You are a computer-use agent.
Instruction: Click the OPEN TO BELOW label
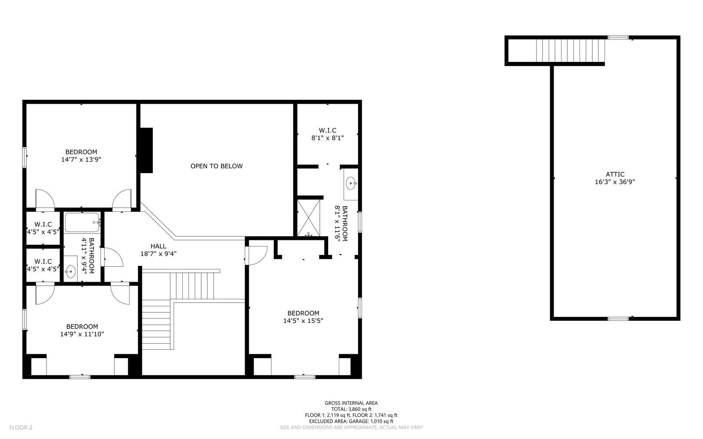216,166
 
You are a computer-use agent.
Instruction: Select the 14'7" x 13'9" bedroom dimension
81,160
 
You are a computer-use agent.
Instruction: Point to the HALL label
158,246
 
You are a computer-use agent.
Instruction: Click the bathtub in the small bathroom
82,223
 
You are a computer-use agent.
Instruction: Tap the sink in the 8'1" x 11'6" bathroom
351,183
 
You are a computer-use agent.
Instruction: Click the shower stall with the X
309,218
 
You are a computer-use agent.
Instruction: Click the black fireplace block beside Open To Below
146,150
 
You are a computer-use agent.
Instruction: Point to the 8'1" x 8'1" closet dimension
327,138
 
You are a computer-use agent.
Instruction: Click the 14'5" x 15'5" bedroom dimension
303,321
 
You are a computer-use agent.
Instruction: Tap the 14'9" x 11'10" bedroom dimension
82,334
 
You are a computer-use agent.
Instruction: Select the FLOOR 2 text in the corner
21,427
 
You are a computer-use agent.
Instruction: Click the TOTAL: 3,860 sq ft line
351,409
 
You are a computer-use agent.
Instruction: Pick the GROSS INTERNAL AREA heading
351,403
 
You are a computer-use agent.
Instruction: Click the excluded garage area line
351,421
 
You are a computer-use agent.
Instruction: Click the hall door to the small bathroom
112,258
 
